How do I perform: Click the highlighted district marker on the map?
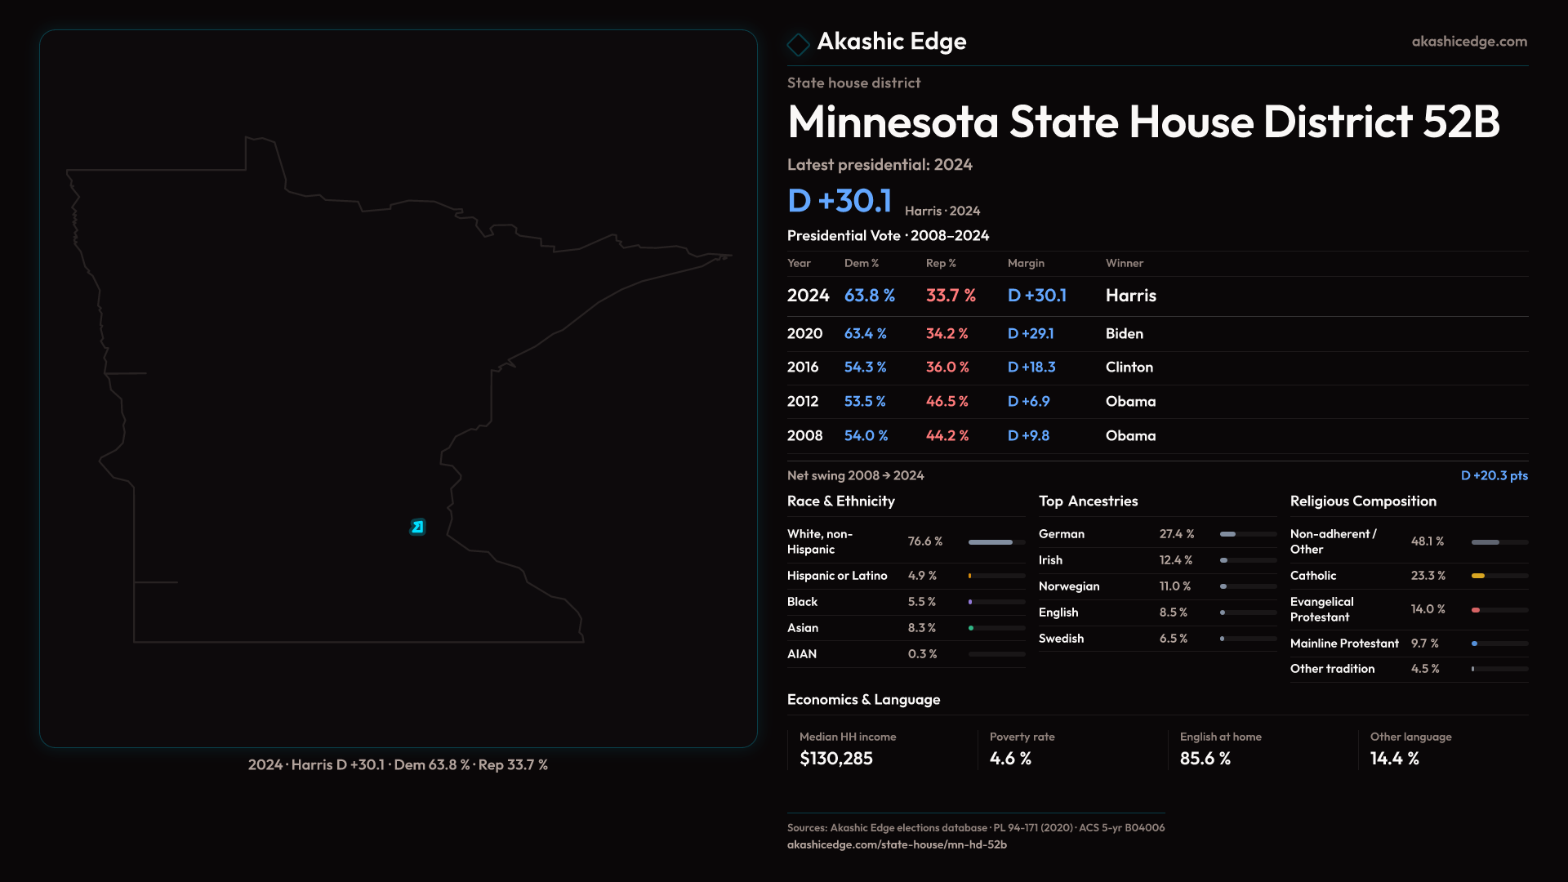417,527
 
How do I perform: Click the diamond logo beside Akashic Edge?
798,43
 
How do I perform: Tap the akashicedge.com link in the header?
1469,41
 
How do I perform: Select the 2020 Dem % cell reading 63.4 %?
865,333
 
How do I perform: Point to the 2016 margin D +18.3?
1031,367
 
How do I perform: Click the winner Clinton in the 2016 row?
1129,367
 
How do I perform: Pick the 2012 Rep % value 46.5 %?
947,401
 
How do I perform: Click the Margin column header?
1026,263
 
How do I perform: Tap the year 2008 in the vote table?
804,435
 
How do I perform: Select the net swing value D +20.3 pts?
1494,475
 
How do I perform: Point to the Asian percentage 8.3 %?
922,628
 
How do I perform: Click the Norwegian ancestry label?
1069,586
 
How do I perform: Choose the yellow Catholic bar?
1478,576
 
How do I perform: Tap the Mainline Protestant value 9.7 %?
1424,644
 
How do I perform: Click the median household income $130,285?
836,759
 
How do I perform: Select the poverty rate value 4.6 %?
1010,759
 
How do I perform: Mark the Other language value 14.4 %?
1394,759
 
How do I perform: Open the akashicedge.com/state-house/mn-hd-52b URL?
897,844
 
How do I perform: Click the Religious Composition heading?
1363,501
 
